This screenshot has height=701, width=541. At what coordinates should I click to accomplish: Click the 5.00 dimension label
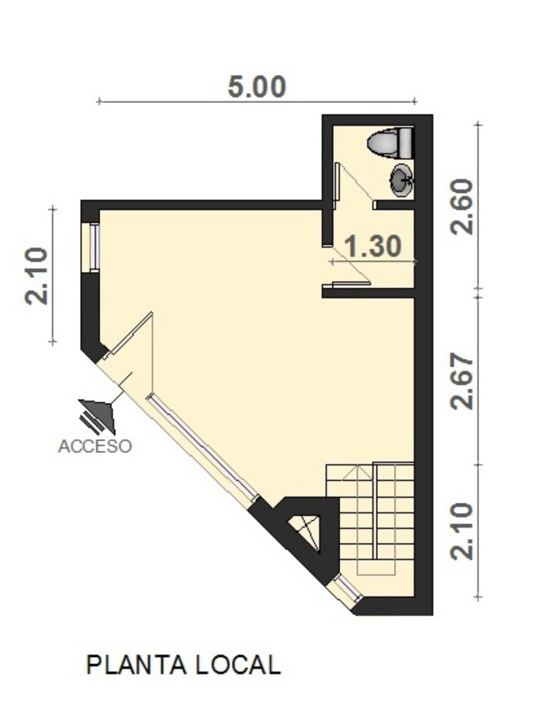pyautogui.click(x=257, y=87)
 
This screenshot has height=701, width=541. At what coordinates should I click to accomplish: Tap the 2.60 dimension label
pyautogui.click(x=462, y=206)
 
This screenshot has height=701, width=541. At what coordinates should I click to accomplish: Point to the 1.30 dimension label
pyautogui.click(x=373, y=246)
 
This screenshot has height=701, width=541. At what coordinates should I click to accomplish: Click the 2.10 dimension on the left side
pyautogui.click(x=36, y=276)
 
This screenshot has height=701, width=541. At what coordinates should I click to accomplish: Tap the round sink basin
pyautogui.click(x=402, y=180)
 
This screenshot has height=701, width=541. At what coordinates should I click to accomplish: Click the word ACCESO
pyautogui.click(x=95, y=446)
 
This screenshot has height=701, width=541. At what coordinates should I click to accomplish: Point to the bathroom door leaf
pyautogui.click(x=337, y=186)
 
